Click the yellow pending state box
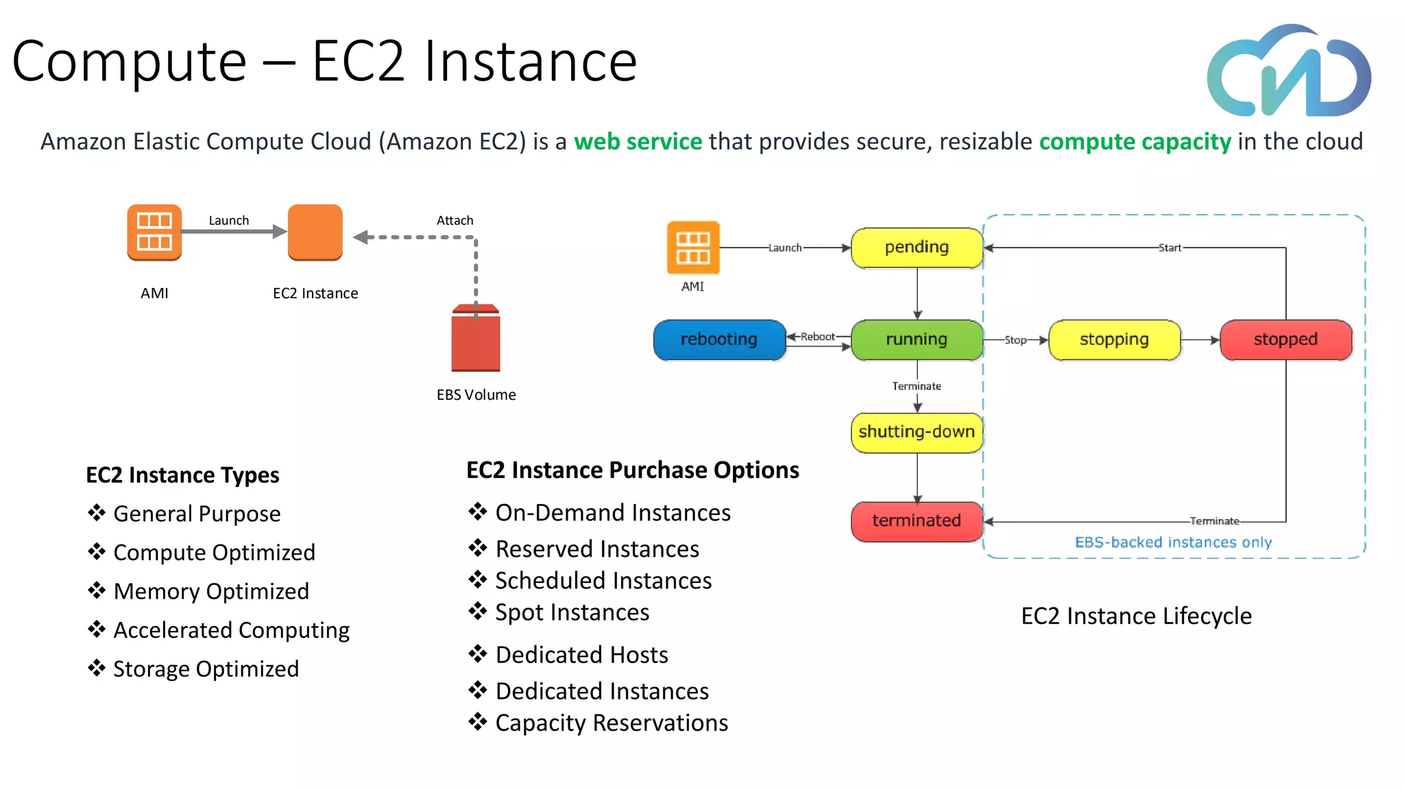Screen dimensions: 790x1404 (x=917, y=248)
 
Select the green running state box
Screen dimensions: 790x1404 (x=917, y=339)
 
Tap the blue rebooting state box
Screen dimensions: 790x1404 (x=719, y=339)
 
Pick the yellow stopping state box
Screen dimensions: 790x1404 (x=1114, y=339)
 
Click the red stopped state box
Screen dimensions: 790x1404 (x=1285, y=339)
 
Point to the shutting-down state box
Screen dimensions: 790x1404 (x=917, y=432)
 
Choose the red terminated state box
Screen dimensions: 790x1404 (x=917, y=521)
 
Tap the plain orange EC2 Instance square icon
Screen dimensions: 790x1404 (x=315, y=232)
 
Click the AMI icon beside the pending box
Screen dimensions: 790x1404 (x=693, y=248)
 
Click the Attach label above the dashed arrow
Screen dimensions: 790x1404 (x=455, y=221)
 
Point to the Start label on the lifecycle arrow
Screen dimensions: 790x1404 (x=1170, y=248)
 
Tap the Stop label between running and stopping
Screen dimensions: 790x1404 (x=1015, y=340)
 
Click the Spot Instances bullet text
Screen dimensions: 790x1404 (x=572, y=612)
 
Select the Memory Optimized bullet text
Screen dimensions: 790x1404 (x=211, y=591)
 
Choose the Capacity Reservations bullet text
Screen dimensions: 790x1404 (x=612, y=723)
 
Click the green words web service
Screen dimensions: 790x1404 (x=638, y=141)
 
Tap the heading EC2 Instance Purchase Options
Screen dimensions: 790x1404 (x=632, y=470)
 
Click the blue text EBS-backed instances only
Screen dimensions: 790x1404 (x=1173, y=542)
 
